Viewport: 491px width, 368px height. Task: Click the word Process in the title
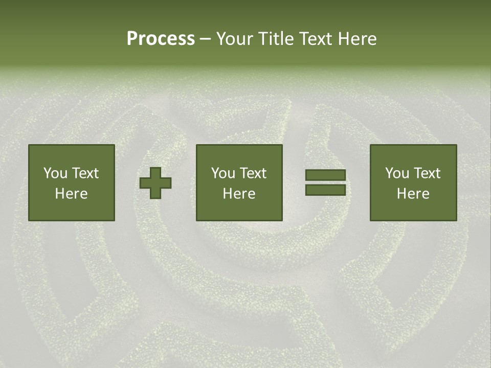tap(161, 39)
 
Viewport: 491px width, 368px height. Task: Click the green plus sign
tap(155, 182)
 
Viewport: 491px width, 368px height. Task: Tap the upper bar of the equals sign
tap(325, 175)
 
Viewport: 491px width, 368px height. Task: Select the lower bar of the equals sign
tap(325, 190)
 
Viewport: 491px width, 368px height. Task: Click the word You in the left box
tap(55, 173)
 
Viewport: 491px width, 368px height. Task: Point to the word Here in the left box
tap(71, 194)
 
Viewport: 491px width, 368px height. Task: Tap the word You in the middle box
tap(223, 173)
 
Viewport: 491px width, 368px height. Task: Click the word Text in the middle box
tap(252, 173)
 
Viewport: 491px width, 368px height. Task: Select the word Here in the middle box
tap(239, 194)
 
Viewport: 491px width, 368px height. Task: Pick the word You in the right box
tap(397, 173)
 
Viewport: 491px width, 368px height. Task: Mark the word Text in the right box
tap(426, 173)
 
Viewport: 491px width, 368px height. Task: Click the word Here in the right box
tap(413, 194)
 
